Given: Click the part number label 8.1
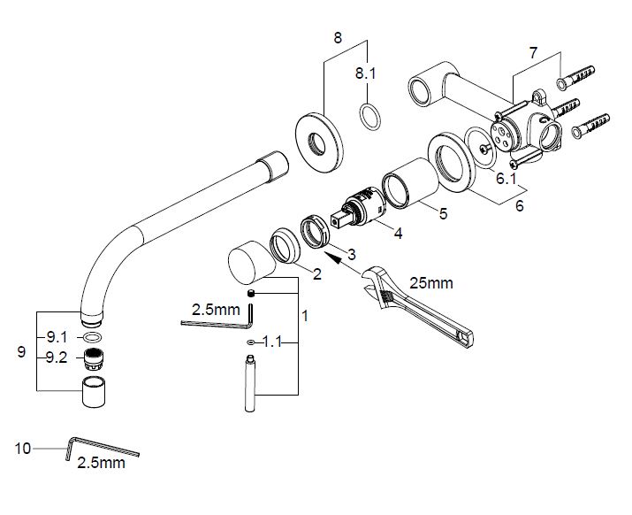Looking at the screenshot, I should coord(366,75).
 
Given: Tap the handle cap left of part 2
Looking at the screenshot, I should coord(248,263).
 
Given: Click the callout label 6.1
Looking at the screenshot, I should coord(506,178).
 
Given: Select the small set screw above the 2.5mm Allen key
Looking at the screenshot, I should coord(250,294).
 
